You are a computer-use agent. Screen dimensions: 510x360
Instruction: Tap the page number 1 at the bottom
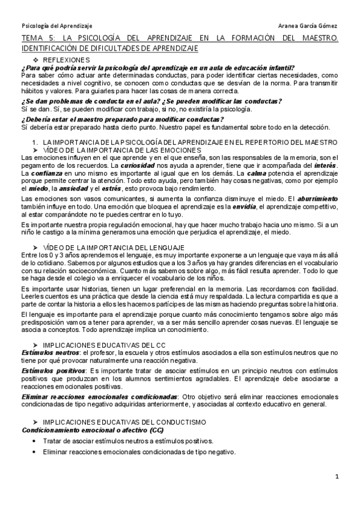(x=337, y=476)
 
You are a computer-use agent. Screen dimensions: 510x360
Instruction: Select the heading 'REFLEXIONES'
(x=66, y=60)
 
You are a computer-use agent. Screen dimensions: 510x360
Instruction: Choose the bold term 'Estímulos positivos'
(x=49, y=371)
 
